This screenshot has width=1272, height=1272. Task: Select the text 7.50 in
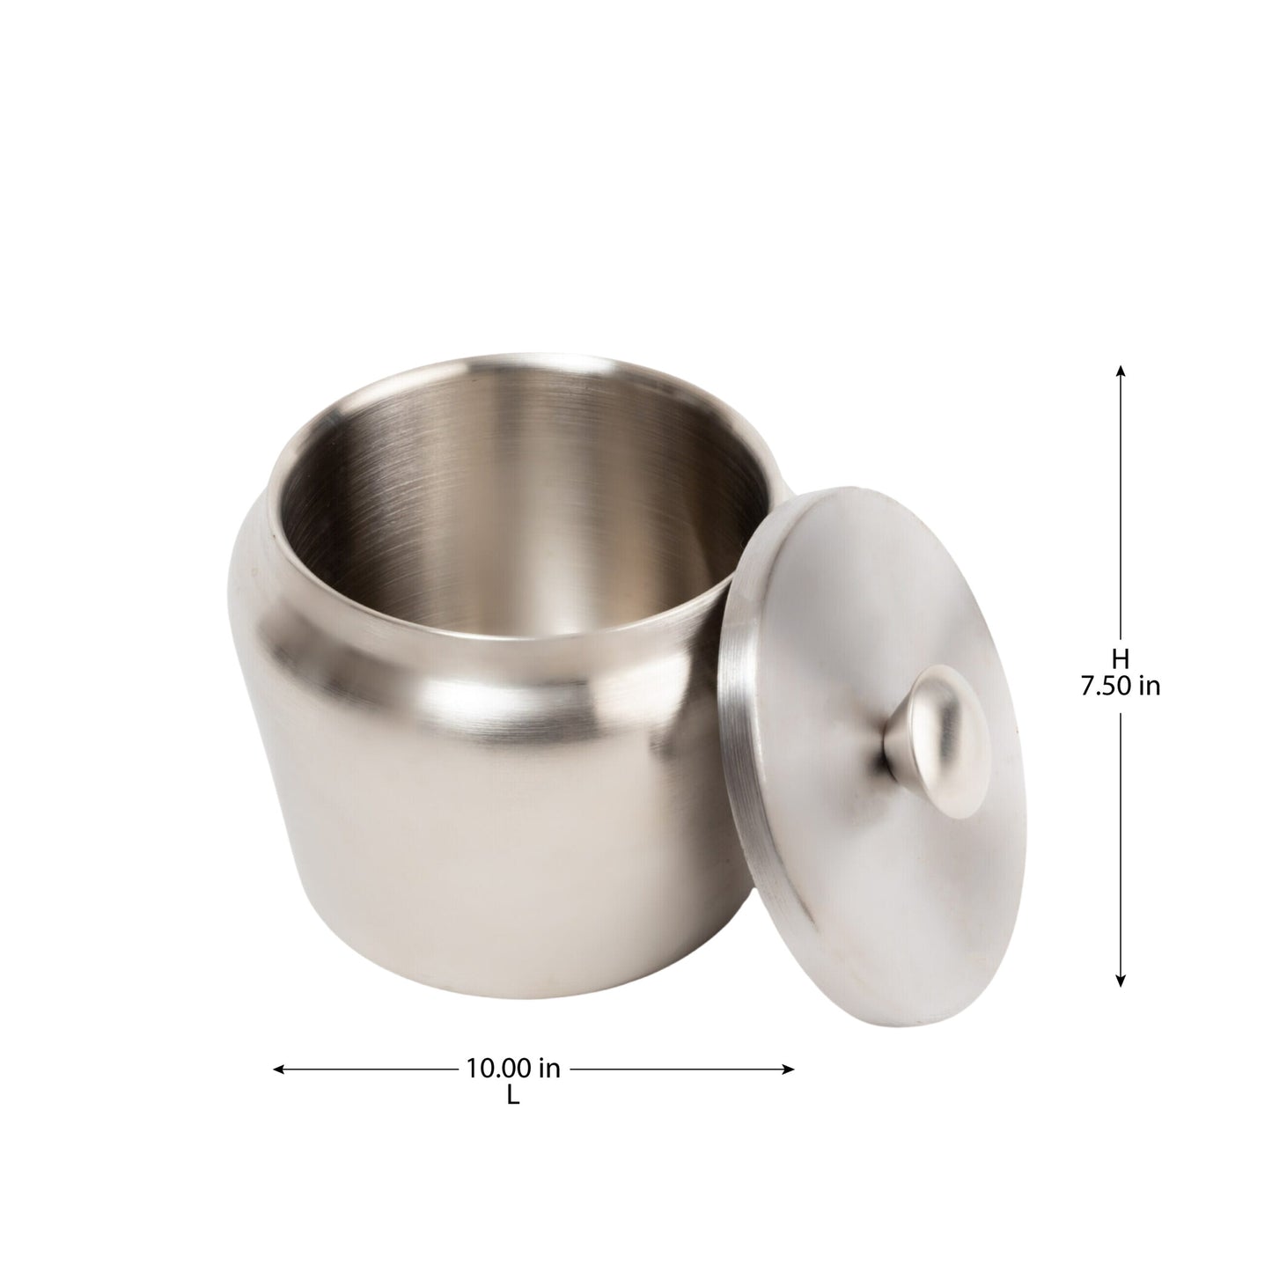coord(1120,687)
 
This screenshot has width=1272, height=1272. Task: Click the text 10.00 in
coord(512,1069)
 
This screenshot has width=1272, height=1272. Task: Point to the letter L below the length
coord(512,1097)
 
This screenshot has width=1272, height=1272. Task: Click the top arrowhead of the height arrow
coord(1120,371)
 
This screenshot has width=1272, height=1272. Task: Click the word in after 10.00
coord(548,1069)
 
